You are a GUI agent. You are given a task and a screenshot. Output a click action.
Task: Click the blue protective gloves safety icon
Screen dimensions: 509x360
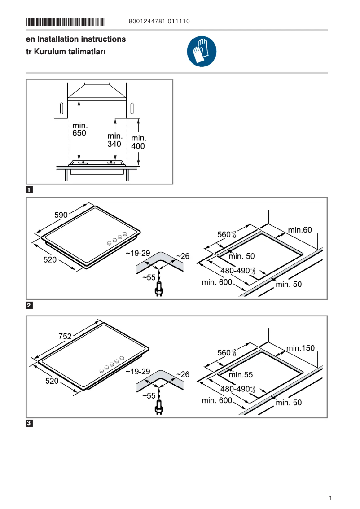pos(202,52)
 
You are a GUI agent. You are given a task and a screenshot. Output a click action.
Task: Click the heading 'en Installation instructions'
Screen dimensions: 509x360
pos(76,39)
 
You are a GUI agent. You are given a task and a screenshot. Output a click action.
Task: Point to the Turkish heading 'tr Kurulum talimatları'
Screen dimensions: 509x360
pos(66,52)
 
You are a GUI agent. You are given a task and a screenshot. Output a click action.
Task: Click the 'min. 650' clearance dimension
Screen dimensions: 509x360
pos(79,129)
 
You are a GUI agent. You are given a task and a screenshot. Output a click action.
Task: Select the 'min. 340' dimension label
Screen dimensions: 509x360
pos(115,140)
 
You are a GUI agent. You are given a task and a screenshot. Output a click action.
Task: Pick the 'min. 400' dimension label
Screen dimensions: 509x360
pos(138,142)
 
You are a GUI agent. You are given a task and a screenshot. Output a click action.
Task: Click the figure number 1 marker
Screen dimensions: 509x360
pos(29,190)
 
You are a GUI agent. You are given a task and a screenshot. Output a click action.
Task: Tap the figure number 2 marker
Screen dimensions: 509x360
pos(29,306)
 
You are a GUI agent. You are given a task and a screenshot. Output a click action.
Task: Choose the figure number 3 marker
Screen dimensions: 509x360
pos(29,423)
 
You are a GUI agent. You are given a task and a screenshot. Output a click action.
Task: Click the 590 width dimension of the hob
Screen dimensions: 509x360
pos(61,215)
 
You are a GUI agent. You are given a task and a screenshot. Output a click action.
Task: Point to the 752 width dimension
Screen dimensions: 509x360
pos(65,336)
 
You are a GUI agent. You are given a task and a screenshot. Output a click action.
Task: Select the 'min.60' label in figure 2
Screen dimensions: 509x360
pos(300,230)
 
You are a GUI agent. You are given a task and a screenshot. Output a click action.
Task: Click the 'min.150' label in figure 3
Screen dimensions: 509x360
pos(301,348)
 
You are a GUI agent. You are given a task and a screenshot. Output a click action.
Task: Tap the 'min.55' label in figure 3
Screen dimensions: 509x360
pos(241,374)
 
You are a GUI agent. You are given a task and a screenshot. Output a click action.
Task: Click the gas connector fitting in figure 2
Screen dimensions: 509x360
pos(158,290)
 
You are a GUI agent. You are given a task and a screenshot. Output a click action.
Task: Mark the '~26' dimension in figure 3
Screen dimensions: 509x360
pos(183,374)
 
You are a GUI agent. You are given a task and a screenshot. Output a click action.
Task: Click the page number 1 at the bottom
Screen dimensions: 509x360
pos(330,498)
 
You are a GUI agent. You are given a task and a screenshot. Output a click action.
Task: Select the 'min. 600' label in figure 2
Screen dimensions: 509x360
pos(217,282)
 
